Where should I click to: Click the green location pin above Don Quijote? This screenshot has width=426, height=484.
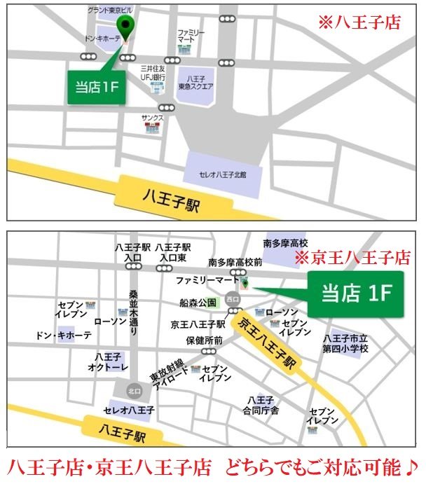pos(125,27)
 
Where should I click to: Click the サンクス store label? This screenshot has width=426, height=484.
pos(152,118)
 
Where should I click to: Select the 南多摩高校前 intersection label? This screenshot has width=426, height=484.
pos(235,263)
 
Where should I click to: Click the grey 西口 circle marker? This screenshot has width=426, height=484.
pos(232,300)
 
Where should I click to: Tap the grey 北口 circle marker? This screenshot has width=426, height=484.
pos(134,390)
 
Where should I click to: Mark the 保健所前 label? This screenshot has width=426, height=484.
pos(205,340)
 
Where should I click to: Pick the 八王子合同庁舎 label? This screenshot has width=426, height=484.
pos(263,405)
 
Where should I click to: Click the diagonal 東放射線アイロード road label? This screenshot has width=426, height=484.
pos(166,370)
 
